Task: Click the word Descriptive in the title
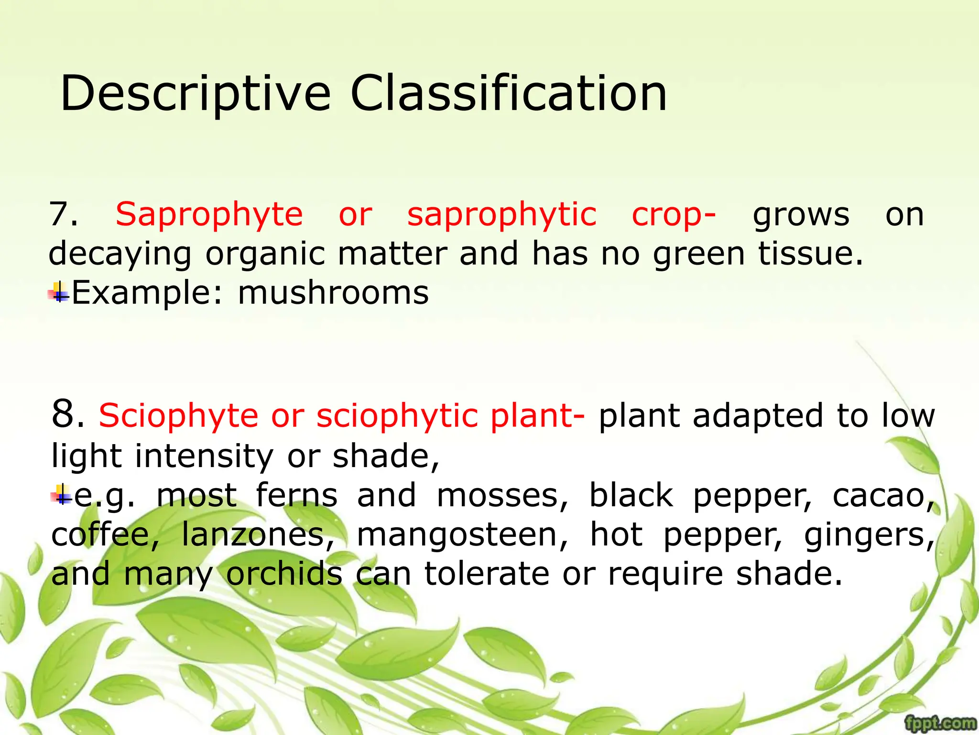(x=195, y=94)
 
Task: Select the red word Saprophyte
(x=209, y=215)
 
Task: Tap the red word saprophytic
(x=501, y=215)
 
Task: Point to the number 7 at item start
(x=62, y=215)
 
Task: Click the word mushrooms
(x=333, y=293)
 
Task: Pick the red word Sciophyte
(x=178, y=415)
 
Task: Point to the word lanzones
(x=257, y=535)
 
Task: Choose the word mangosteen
(x=462, y=535)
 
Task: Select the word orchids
(x=284, y=573)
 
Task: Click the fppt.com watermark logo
(x=940, y=723)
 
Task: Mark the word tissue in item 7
(x=810, y=254)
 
